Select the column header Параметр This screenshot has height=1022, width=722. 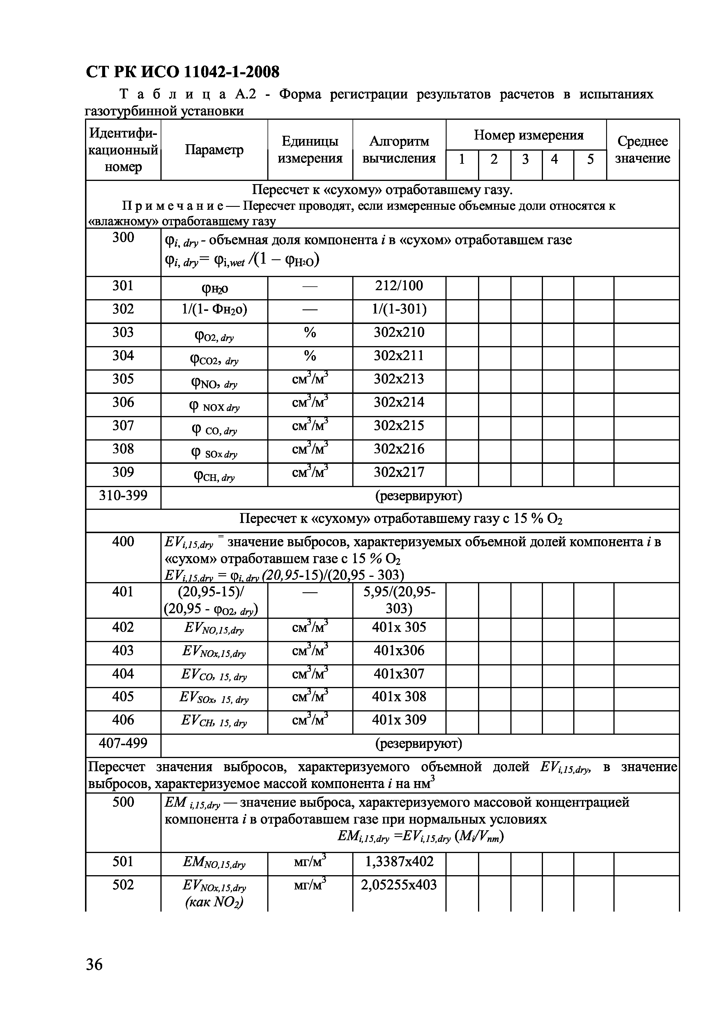coord(214,150)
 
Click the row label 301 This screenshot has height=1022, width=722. coord(123,286)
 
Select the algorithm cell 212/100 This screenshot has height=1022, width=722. coord(399,286)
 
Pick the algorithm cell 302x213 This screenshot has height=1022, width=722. coord(399,379)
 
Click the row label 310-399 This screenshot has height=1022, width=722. coord(123,496)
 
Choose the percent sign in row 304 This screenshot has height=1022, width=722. coord(310,356)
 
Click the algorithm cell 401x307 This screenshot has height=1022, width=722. coord(399,674)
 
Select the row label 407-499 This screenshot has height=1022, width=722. coord(123,743)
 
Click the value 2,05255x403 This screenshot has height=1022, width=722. coord(399,885)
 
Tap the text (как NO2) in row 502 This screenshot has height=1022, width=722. coord(214,902)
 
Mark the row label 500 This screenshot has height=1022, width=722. coord(123,802)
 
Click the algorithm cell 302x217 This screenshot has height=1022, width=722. coord(399,472)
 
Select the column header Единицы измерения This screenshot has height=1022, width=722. coord(310,150)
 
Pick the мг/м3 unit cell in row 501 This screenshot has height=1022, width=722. coord(310,862)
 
